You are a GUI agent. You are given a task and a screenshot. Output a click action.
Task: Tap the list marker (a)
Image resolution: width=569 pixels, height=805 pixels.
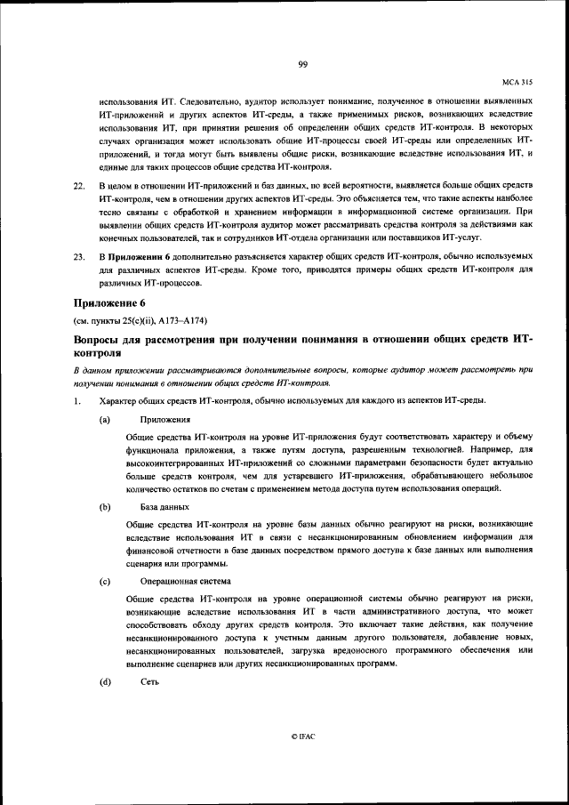[x=105, y=419]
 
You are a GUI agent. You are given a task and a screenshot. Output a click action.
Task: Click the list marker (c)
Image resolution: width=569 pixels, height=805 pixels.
[x=105, y=581]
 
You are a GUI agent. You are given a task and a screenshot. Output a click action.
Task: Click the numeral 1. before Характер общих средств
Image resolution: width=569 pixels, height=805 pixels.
[x=77, y=400]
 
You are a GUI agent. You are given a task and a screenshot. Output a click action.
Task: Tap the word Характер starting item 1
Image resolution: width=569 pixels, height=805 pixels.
[x=122, y=400]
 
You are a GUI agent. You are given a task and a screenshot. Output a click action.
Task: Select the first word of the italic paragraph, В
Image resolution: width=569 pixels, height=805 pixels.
[x=76, y=370]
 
